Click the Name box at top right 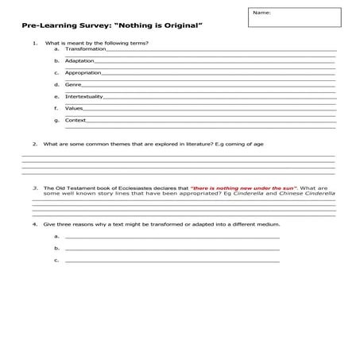294,17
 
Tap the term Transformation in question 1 84,49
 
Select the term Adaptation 79,60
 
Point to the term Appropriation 83,72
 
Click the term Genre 73,84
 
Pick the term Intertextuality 83,96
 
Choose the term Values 74,108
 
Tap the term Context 75,120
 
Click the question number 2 34,144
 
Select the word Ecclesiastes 130,188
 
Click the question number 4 34,225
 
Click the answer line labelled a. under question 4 172,237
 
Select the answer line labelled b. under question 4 172,249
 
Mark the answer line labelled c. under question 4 172,261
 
